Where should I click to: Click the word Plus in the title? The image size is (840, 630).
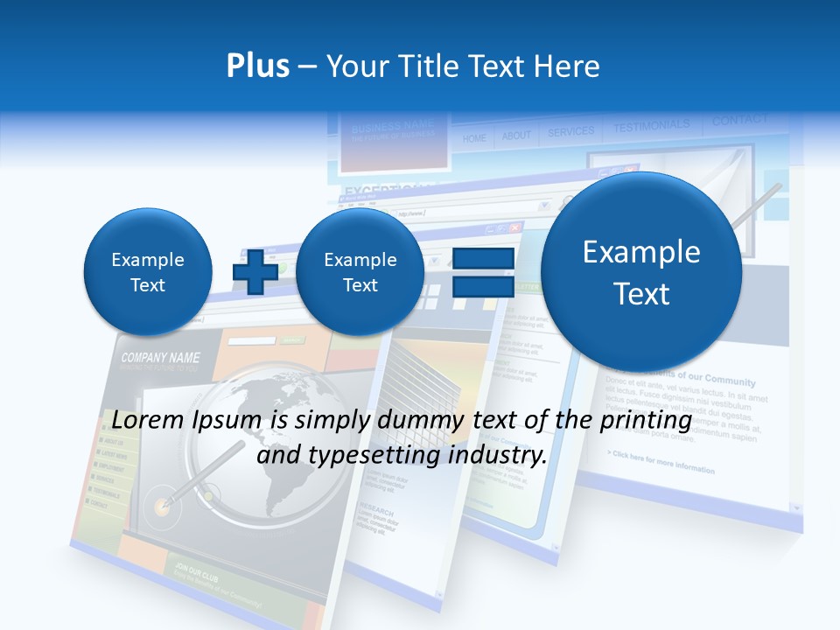pos(257,66)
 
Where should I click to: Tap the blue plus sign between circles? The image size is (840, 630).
pos(255,271)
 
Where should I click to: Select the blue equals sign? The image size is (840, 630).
pos(482,271)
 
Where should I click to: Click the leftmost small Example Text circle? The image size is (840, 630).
pos(148,271)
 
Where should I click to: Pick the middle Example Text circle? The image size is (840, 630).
pos(360,271)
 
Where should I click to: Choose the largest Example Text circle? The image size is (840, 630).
pos(641,271)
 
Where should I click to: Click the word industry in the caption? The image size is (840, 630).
pos(500,455)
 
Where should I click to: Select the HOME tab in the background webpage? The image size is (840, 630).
pos(474,138)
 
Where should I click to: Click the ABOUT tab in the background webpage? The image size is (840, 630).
pos(516,136)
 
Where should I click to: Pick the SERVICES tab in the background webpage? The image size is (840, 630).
pos(570,132)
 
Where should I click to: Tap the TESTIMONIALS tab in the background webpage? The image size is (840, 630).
pos(651,127)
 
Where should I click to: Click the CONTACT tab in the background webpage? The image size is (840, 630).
pos(739,121)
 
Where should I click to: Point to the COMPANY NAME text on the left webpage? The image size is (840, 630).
pos(160,358)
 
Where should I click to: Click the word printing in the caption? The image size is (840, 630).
pos(647,421)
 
